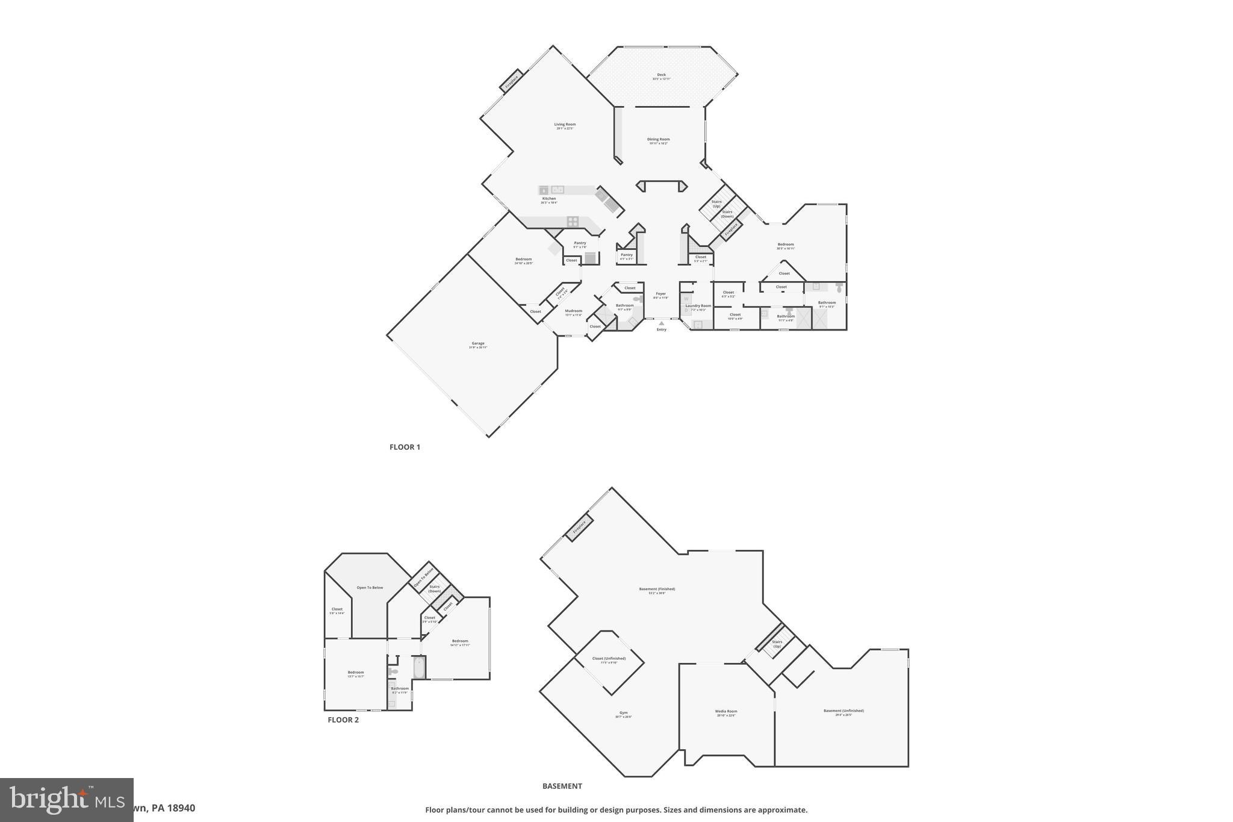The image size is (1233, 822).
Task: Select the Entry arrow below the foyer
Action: point(661,324)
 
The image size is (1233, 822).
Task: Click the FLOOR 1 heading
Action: point(405,447)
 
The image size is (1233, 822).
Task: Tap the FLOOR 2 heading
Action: point(343,720)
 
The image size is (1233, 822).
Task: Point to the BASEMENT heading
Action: point(562,786)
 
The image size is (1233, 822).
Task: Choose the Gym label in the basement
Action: point(623,714)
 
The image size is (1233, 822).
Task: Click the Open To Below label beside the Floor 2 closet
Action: point(370,588)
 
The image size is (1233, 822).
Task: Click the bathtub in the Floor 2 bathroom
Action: point(418,667)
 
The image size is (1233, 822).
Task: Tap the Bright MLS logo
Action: point(66,800)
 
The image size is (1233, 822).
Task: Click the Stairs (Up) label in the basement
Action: point(777,644)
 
